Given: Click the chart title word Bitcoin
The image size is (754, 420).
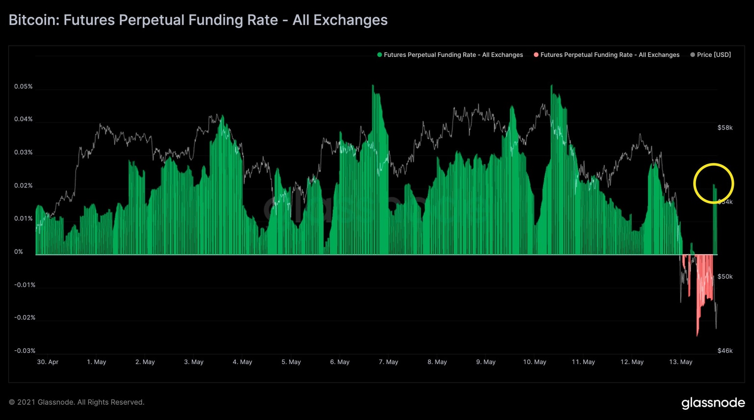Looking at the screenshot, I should (31, 20).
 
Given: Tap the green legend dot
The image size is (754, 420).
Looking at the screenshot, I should (379, 55).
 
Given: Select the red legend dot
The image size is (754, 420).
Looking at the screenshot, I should (536, 55).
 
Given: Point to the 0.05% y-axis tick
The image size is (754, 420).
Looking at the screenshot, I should (23, 86).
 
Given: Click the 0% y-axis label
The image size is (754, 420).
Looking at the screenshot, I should (19, 252).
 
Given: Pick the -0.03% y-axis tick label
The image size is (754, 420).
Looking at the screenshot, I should (25, 351).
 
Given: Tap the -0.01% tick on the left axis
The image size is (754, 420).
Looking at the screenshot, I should (25, 285).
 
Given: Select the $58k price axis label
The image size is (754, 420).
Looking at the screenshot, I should (725, 128).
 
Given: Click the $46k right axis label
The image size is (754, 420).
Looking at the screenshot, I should (725, 351).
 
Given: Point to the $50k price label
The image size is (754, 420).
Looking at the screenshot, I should (725, 277).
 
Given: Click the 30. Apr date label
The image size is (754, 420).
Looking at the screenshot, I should (48, 362).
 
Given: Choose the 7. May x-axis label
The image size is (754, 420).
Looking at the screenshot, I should (388, 362).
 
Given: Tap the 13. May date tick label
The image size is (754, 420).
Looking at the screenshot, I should (680, 362).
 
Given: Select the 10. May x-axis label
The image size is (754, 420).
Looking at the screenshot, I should (534, 362).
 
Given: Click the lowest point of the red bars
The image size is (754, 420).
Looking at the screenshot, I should (697, 335).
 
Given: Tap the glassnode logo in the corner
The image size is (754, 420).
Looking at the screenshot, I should (713, 403).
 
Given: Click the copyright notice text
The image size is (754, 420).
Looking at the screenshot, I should (77, 402).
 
